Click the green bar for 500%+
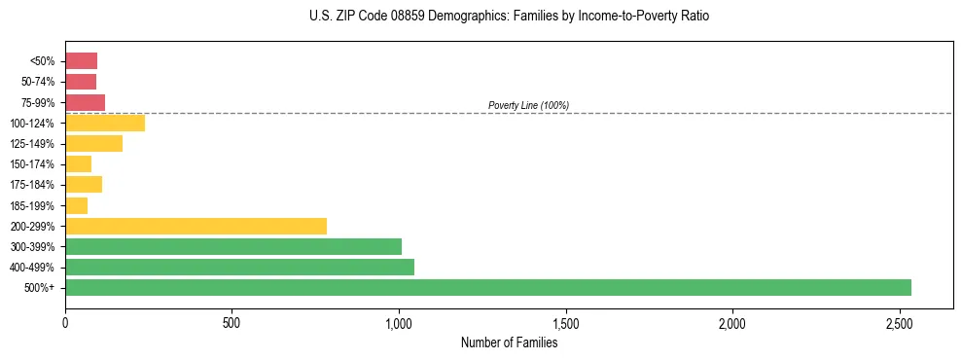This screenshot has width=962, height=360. click(487, 287)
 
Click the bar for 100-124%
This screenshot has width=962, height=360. click(105, 123)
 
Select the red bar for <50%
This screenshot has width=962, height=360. click(81, 61)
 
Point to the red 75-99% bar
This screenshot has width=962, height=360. click(85, 102)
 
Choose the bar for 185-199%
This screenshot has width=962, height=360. click(76, 205)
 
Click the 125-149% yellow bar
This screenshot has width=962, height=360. click(93, 144)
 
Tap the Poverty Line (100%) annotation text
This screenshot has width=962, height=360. click(528, 105)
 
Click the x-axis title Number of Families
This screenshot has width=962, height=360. click(509, 342)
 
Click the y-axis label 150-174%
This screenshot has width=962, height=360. click(33, 164)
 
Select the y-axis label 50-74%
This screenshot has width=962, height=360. click(37, 82)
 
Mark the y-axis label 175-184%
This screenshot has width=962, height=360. click(33, 185)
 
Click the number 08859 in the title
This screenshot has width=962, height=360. click(389, 17)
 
